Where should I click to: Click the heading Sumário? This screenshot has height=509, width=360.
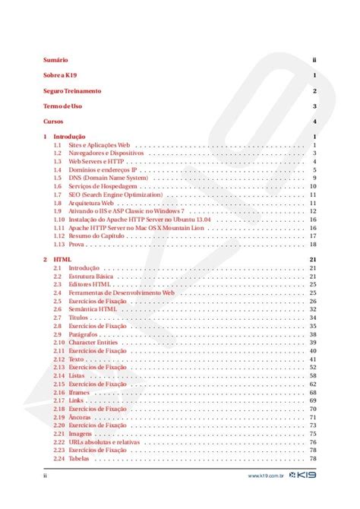pyautogui.click(x=55, y=59)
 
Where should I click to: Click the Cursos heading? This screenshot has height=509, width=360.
pyautogui.click(x=54, y=122)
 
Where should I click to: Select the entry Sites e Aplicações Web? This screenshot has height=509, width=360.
pyautogui.click(x=99, y=144)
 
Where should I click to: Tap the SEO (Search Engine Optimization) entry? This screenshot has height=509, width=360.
pyautogui.click(x=115, y=195)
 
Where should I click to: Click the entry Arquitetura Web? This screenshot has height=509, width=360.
pyautogui.click(x=90, y=204)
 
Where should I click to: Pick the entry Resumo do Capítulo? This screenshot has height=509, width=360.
pyautogui.click(x=96, y=236)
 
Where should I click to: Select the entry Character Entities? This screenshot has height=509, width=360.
pyautogui.click(x=93, y=343)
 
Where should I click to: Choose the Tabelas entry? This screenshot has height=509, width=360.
pyautogui.click(x=79, y=459)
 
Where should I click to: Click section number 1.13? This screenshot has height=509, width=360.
pyautogui.click(x=58, y=245)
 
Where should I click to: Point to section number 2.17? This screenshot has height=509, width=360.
pyautogui.click(x=58, y=400)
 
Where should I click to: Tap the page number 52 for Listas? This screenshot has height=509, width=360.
pyautogui.click(x=312, y=376)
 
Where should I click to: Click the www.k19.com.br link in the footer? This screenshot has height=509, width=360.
pyautogui.click(x=266, y=479)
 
